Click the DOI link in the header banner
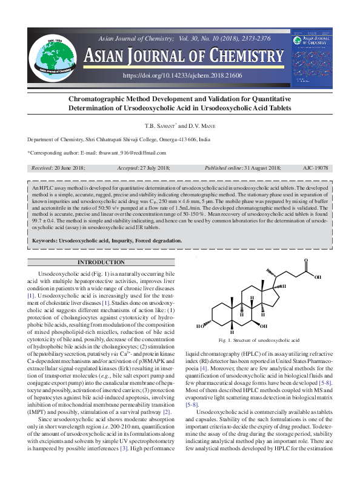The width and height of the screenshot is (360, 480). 182,75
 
